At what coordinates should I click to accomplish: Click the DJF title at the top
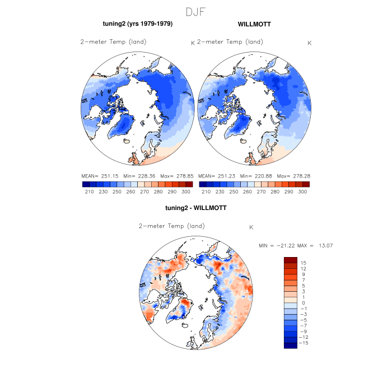tap(195, 12)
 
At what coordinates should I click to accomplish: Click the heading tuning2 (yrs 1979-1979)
tap(137, 24)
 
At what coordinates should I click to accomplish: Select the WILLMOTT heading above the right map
tap(254, 25)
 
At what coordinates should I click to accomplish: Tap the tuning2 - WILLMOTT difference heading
tap(195, 208)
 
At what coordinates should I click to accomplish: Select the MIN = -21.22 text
tap(276, 245)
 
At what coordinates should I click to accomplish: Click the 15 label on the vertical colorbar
tap(303, 262)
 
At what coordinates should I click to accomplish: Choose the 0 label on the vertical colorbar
tap(304, 302)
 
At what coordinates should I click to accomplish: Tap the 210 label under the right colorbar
tap(206, 192)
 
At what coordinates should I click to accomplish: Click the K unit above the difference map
tap(251, 227)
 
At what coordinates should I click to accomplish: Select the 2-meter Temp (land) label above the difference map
tap(171, 226)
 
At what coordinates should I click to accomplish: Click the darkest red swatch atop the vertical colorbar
tap(290, 260)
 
